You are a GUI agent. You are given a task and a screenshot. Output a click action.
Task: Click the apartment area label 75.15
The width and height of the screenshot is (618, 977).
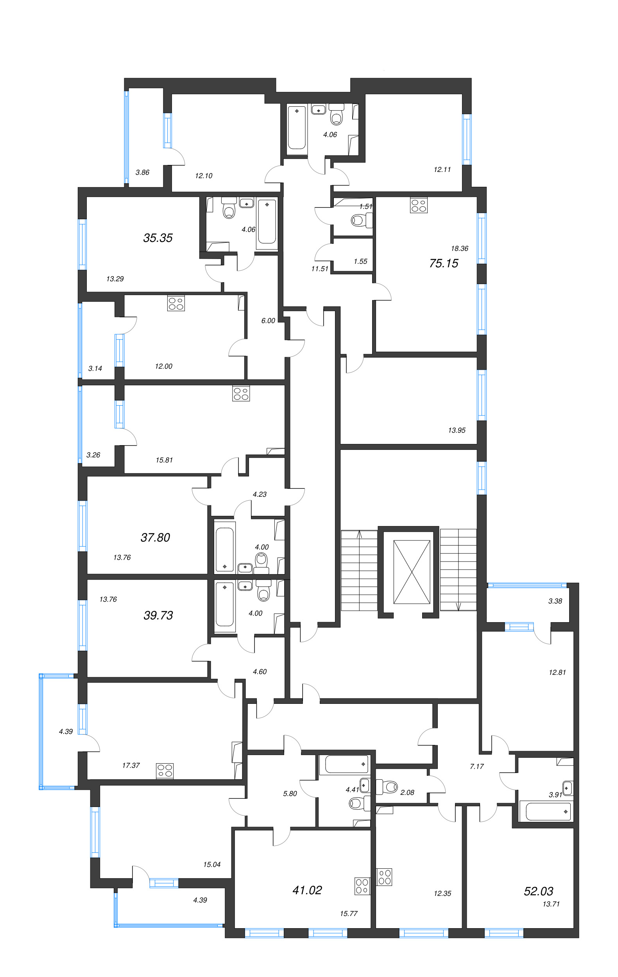coord(444,263)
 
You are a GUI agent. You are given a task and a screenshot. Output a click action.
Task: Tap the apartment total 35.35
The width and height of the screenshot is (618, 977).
coord(158,238)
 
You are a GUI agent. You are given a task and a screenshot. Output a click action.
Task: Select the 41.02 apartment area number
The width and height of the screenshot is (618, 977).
coord(307,890)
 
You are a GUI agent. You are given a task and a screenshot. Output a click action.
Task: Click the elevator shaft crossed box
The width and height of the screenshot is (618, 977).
coord(412,572)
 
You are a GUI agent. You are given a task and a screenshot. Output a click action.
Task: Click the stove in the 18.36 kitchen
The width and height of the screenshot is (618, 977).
coord(419,205)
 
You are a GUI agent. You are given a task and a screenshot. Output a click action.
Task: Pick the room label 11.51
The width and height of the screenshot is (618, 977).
coord(319,268)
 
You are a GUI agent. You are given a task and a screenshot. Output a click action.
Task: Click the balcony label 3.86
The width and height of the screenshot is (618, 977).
coord(142,172)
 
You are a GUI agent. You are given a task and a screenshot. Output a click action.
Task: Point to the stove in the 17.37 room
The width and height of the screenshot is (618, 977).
coord(165,771)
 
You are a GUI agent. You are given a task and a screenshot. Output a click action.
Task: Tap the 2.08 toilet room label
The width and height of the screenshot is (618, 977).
coord(407,793)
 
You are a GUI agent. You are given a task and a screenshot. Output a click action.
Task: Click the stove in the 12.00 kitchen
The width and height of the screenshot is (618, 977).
coord(176,304)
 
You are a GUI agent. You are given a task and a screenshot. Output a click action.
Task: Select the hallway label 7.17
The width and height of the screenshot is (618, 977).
coord(477,766)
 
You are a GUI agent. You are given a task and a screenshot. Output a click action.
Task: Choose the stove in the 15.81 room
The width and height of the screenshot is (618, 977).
coord(241,394)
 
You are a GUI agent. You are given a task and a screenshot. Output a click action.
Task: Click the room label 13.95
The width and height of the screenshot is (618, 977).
coord(457,430)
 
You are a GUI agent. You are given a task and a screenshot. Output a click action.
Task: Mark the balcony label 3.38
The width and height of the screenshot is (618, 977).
coord(555,601)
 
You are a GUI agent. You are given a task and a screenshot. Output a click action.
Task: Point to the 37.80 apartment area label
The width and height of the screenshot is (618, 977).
coord(155,537)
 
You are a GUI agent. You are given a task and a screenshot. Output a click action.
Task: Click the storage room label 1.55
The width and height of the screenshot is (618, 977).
coord(360,261)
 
